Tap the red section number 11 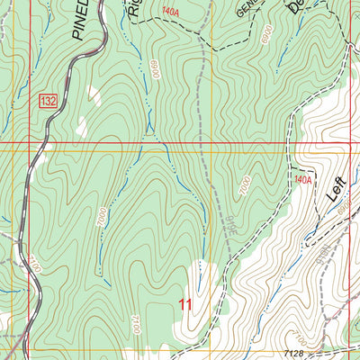(x=186, y=305)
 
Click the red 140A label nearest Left (x=302, y=180)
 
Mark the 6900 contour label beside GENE (x=265, y=33)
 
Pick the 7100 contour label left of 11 (x=135, y=322)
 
